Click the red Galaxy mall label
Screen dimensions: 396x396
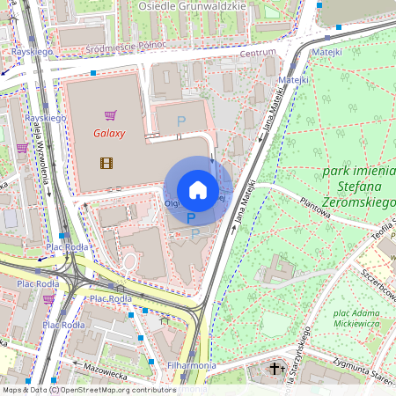coord(110,134)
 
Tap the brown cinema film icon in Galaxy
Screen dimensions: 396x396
coord(106,162)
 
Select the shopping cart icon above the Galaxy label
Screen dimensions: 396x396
coord(110,114)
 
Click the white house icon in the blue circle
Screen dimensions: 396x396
coord(198,190)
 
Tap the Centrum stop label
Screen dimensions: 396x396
coord(258,53)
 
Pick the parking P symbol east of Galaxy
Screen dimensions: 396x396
coord(182,121)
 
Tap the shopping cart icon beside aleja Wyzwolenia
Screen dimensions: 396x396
coord(21,148)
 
